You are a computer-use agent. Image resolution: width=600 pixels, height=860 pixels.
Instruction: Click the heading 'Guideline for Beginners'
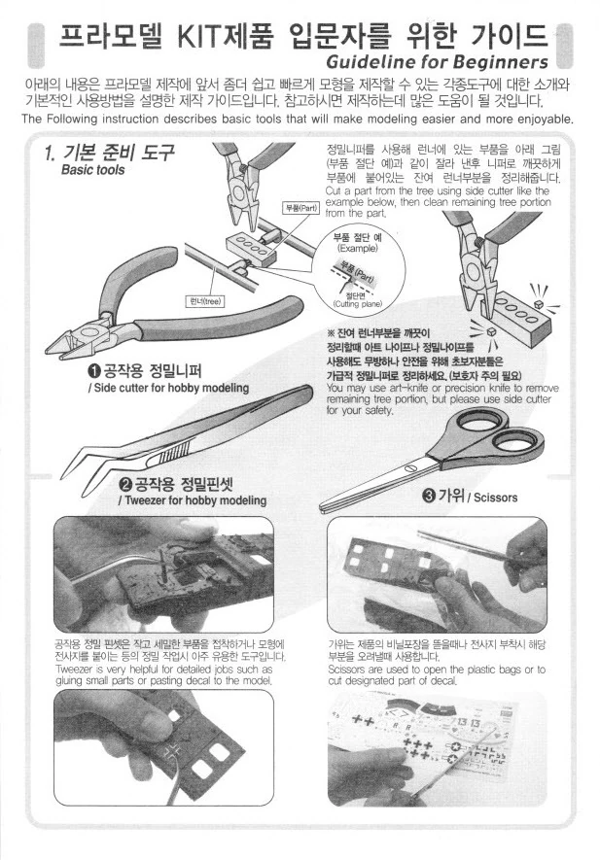(437, 61)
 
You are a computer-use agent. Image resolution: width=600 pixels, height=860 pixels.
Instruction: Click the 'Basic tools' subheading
(92, 170)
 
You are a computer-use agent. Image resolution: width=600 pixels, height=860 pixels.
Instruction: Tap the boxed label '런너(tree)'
(205, 301)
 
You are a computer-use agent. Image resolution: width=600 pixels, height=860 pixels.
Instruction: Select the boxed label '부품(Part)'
(300, 208)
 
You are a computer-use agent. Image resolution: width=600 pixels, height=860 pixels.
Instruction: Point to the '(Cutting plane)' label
(357, 304)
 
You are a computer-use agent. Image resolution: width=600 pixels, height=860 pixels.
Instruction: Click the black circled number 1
(94, 371)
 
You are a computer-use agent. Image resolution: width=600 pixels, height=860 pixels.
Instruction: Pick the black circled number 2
(125, 484)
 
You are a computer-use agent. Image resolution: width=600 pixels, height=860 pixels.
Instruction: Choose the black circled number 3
(428, 496)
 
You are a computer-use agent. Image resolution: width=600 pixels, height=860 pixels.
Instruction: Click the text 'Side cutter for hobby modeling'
(171, 389)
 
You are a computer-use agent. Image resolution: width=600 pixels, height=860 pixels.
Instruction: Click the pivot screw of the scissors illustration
(410, 469)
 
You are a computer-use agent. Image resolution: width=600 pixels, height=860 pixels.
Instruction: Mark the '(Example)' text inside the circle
(358, 249)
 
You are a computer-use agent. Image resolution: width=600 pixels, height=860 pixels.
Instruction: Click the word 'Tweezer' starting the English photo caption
(75, 670)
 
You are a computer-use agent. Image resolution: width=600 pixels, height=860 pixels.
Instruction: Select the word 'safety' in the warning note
(377, 411)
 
